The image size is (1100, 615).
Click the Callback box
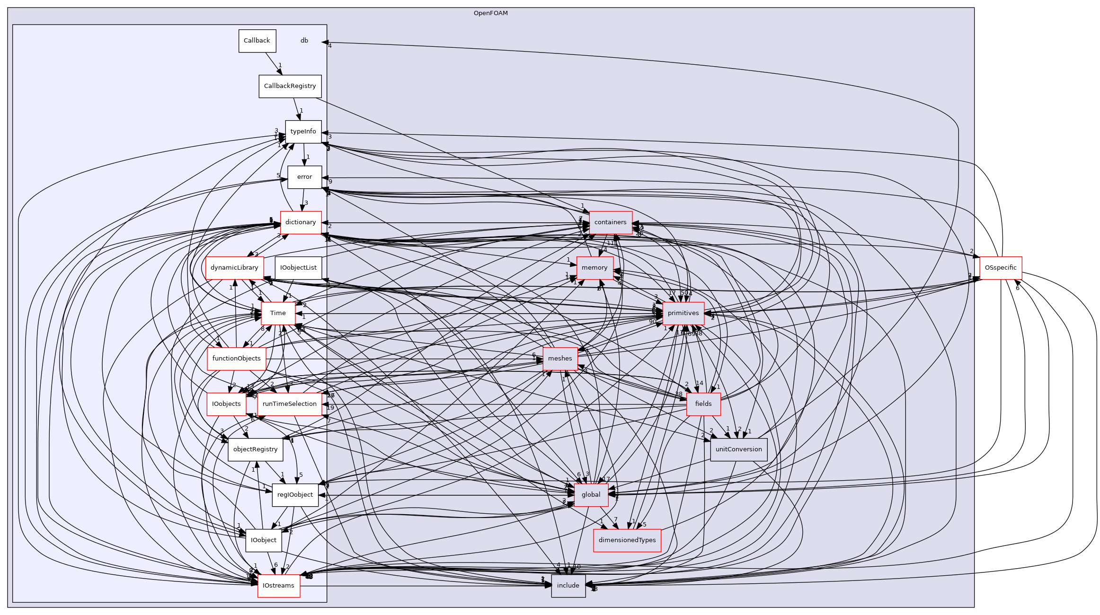(257, 41)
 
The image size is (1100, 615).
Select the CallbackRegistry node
(290, 86)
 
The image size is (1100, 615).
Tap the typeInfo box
(303, 132)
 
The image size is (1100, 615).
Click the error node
(304, 177)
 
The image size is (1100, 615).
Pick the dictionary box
(301, 222)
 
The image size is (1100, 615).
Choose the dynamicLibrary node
(234, 268)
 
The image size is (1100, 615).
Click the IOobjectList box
(298, 268)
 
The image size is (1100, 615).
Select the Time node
(278, 313)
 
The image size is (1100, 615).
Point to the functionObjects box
(236, 359)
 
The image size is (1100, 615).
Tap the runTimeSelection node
(289, 404)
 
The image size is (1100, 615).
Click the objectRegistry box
(255, 449)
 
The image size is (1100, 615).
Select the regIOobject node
(295, 495)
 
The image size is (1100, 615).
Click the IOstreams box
(278, 586)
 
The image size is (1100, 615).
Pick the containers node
(610, 222)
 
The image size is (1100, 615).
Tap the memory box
(594, 268)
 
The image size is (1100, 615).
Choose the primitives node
(683, 313)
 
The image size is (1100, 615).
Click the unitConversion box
(738, 449)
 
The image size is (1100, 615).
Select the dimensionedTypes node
(627, 540)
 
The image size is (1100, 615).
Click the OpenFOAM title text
(491, 13)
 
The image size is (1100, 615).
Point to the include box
(568, 586)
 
